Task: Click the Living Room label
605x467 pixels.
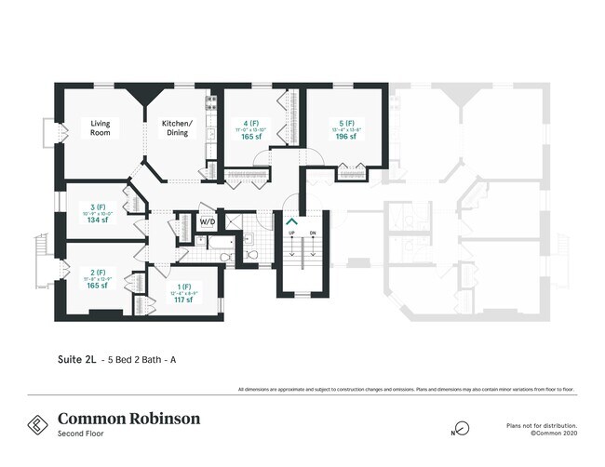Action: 101,127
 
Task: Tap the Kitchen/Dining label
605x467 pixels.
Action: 177,127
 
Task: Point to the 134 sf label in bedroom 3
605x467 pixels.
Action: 96,221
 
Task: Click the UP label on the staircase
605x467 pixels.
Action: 291,233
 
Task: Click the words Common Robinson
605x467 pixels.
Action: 128,418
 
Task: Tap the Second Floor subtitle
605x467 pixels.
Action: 79,434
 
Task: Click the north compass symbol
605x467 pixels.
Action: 461,428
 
